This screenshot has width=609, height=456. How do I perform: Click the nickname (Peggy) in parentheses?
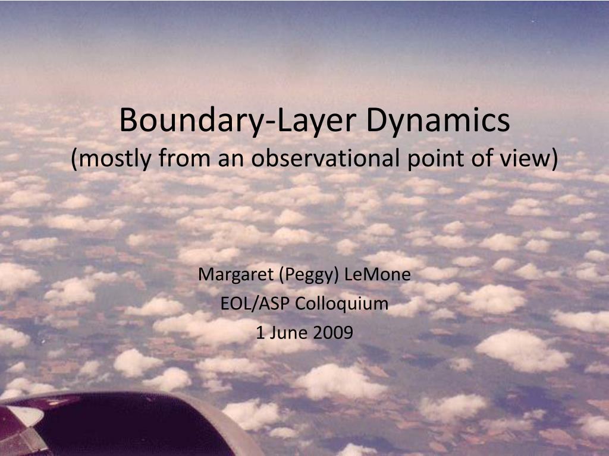pos(304,275)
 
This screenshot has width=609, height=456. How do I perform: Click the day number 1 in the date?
pos(260,332)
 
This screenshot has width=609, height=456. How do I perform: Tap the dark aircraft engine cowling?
pos(119,425)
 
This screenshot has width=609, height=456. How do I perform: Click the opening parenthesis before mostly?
pos(74,159)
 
